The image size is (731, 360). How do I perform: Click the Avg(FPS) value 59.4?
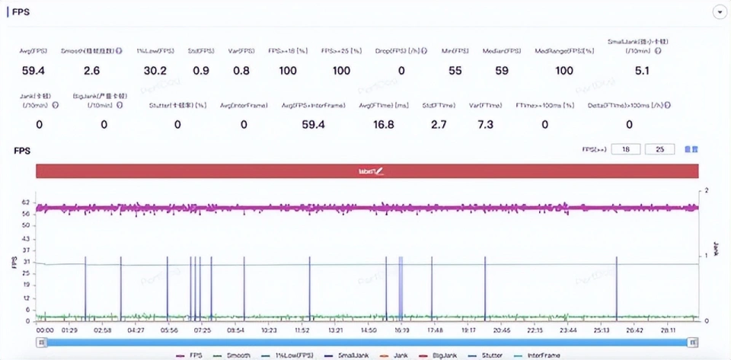34,71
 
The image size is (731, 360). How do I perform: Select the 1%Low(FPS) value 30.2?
155,71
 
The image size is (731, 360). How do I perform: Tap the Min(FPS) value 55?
455,71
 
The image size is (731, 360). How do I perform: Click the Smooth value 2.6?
91,71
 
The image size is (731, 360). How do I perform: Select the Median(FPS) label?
502,51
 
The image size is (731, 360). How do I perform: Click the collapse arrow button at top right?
718,11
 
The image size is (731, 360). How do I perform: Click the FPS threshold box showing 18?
627,149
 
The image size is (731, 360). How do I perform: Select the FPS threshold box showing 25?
659,149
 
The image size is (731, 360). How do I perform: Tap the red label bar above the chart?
366,172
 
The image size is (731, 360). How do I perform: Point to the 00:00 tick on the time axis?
46,330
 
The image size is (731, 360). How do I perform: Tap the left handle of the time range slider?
42,342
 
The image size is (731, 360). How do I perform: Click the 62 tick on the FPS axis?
27,202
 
